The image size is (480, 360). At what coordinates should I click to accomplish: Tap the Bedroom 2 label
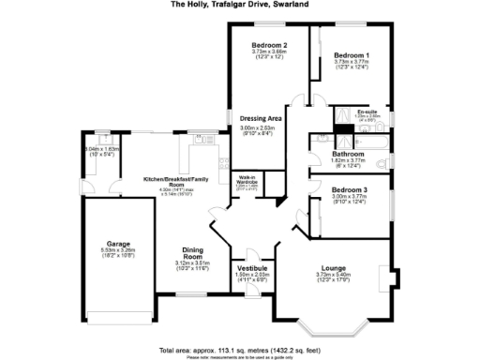click(269, 45)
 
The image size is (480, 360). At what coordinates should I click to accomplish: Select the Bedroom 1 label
click(352, 55)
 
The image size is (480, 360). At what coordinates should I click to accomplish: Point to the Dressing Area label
click(262, 118)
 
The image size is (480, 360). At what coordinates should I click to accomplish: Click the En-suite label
click(367, 112)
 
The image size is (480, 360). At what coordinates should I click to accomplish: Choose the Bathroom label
click(348, 153)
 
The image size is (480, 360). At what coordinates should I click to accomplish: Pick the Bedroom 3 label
click(348, 190)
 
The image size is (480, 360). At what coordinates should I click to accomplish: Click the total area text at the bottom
click(239, 349)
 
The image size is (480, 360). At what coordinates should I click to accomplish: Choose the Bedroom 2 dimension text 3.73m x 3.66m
click(269, 52)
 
